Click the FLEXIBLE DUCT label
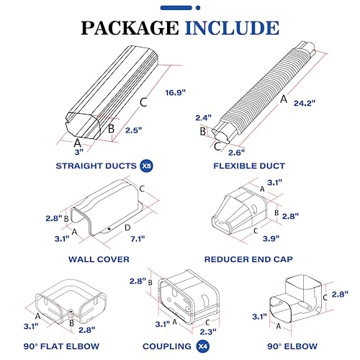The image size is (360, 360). [x=261, y=166]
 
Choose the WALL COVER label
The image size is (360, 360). [x=99, y=258]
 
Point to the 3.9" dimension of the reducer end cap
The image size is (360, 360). [x=271, y=239]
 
